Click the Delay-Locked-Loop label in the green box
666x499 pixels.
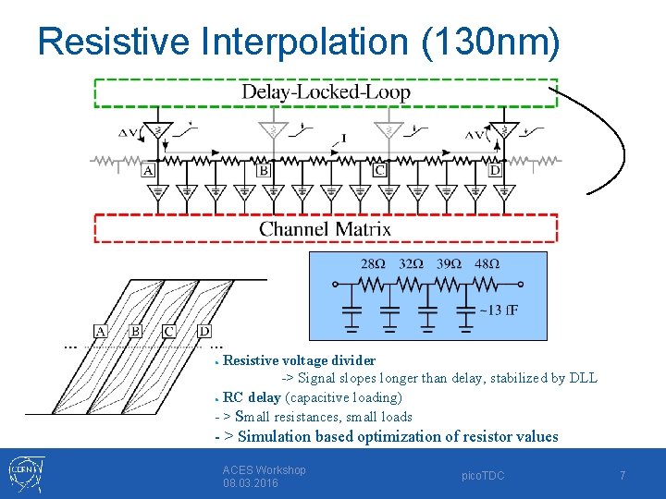pos(326,91)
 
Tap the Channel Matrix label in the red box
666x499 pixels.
pos(325,229)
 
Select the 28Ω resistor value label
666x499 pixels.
pos(373,263)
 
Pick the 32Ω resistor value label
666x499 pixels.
pos(411,263)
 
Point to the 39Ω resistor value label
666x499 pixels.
pos(448,263)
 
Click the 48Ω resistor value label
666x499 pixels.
pos(487,263)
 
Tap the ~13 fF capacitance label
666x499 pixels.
pos(499,310)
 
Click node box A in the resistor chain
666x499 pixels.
pos(148,170)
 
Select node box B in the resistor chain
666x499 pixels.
pos(264,170)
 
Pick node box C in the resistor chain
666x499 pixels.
pos(379,170)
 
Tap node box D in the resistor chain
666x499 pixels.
pos(495,170)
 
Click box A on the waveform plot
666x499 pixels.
pos(101,331)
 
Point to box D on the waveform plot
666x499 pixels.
pos(204,331)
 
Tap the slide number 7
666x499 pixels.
pos(623,475)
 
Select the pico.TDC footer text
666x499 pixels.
pos(484,475)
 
